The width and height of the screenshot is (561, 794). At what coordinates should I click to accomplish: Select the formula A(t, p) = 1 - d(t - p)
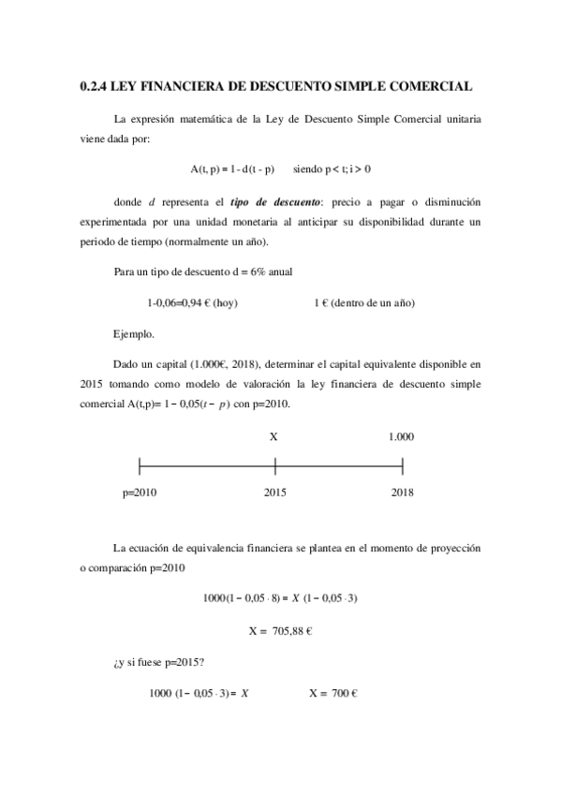coord(232,169)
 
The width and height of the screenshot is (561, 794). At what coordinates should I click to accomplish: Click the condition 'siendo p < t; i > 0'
coord(332,169)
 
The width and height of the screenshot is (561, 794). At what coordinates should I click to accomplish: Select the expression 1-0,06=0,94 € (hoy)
coord(192,303)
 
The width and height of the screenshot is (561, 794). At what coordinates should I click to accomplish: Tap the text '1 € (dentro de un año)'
coord(364,303)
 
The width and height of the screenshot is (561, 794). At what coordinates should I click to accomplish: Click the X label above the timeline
coord(273,437)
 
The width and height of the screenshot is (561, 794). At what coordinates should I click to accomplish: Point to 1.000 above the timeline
coord(401,437)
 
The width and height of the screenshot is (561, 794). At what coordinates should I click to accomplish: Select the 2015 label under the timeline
coord(274,493)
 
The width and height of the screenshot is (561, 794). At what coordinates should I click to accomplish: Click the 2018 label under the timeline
coord(402,493)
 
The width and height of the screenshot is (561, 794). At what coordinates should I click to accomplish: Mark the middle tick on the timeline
coord(275,465)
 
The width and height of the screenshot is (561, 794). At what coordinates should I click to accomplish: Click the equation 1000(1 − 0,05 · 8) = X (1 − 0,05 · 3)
coord(280,597)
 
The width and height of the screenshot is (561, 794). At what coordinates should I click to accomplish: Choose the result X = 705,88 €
coord(280,631)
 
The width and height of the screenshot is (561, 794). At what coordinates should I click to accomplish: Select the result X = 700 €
coord(334,694)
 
